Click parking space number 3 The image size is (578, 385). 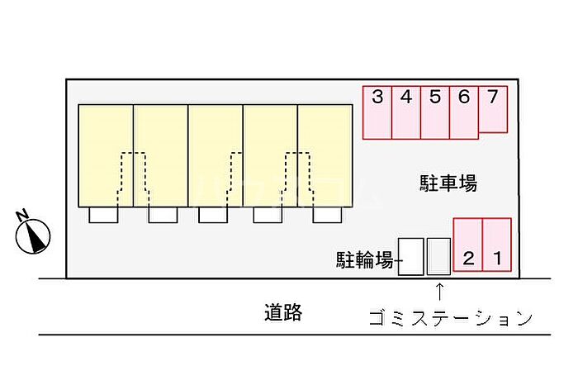pos(377,112)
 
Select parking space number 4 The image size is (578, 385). pos(406,112)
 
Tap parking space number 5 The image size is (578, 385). pos(435,112)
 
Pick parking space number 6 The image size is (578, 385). pos(464,112)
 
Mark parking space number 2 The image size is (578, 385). pos(468,245)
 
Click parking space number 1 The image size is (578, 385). pos(497,245)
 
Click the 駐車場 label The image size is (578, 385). pos(448,183)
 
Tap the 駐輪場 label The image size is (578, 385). pos(364,261)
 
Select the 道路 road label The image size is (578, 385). pos(283,313)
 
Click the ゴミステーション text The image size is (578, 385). pos(449,318)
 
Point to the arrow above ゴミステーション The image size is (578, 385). pos(439,291)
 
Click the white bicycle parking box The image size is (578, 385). pos(410,257)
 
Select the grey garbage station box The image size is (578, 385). pos(439,257)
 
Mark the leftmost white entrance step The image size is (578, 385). pos(104,215)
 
